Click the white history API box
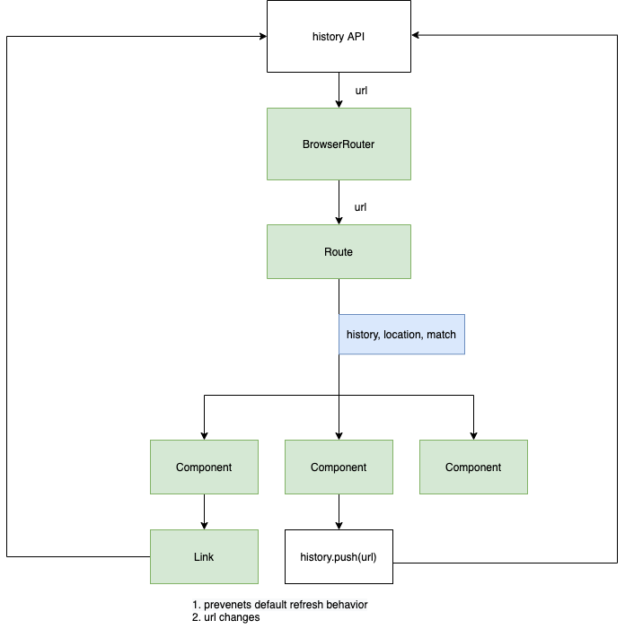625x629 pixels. pos(339,36)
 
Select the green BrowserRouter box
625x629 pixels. pos(339,144)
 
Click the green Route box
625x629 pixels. pos(339,252)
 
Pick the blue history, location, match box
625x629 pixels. pos(401,335)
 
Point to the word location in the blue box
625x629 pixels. pos(402,335)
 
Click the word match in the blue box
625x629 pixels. pos(441,335)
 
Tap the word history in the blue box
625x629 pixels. pos(362,335)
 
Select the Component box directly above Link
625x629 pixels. pos(204,467)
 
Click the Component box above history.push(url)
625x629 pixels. pos(339,467)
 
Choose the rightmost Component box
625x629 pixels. pos(473,467)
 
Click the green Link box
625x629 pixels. pos(204,557)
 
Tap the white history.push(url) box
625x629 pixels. pos(339,557)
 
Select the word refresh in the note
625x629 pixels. pos(311,605)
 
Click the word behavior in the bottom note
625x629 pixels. pos(348,605)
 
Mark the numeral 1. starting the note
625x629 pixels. pos(197,605)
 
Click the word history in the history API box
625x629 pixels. pos(328,37)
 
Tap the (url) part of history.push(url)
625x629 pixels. pos(365,557)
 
